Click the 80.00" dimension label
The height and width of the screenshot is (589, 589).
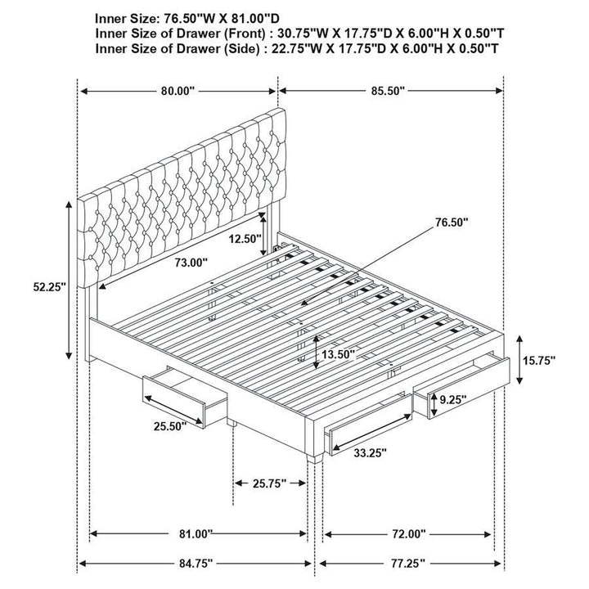[x=178, y=92]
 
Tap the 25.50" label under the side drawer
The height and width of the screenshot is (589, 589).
[x=168, y=425]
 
